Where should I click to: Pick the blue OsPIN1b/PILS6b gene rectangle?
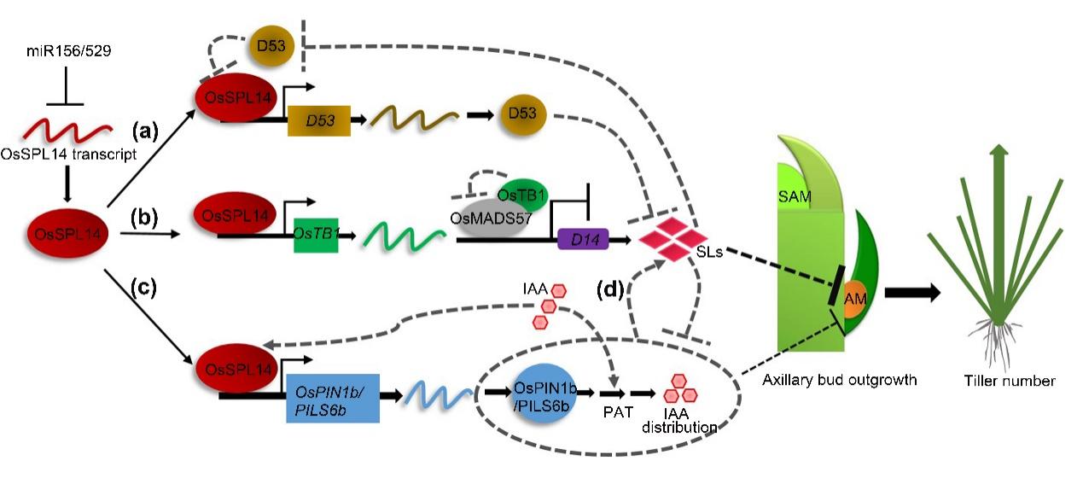pyautogui.click(x=329, y=399)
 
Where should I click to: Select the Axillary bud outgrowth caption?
pyautogui.click(x=839, y=380)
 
